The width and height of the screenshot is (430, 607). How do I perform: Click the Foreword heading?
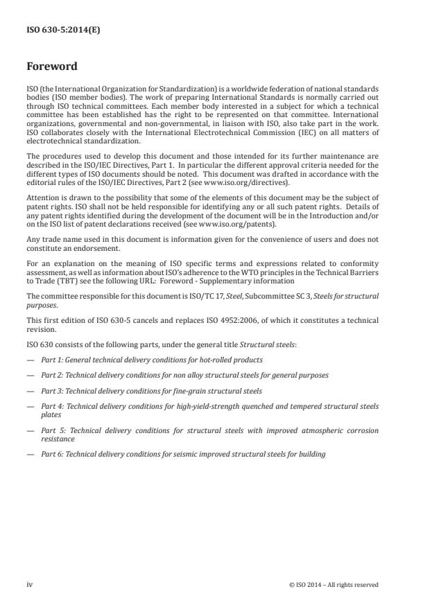tap(51, 67)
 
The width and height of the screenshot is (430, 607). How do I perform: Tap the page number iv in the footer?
tap(29, 584)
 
